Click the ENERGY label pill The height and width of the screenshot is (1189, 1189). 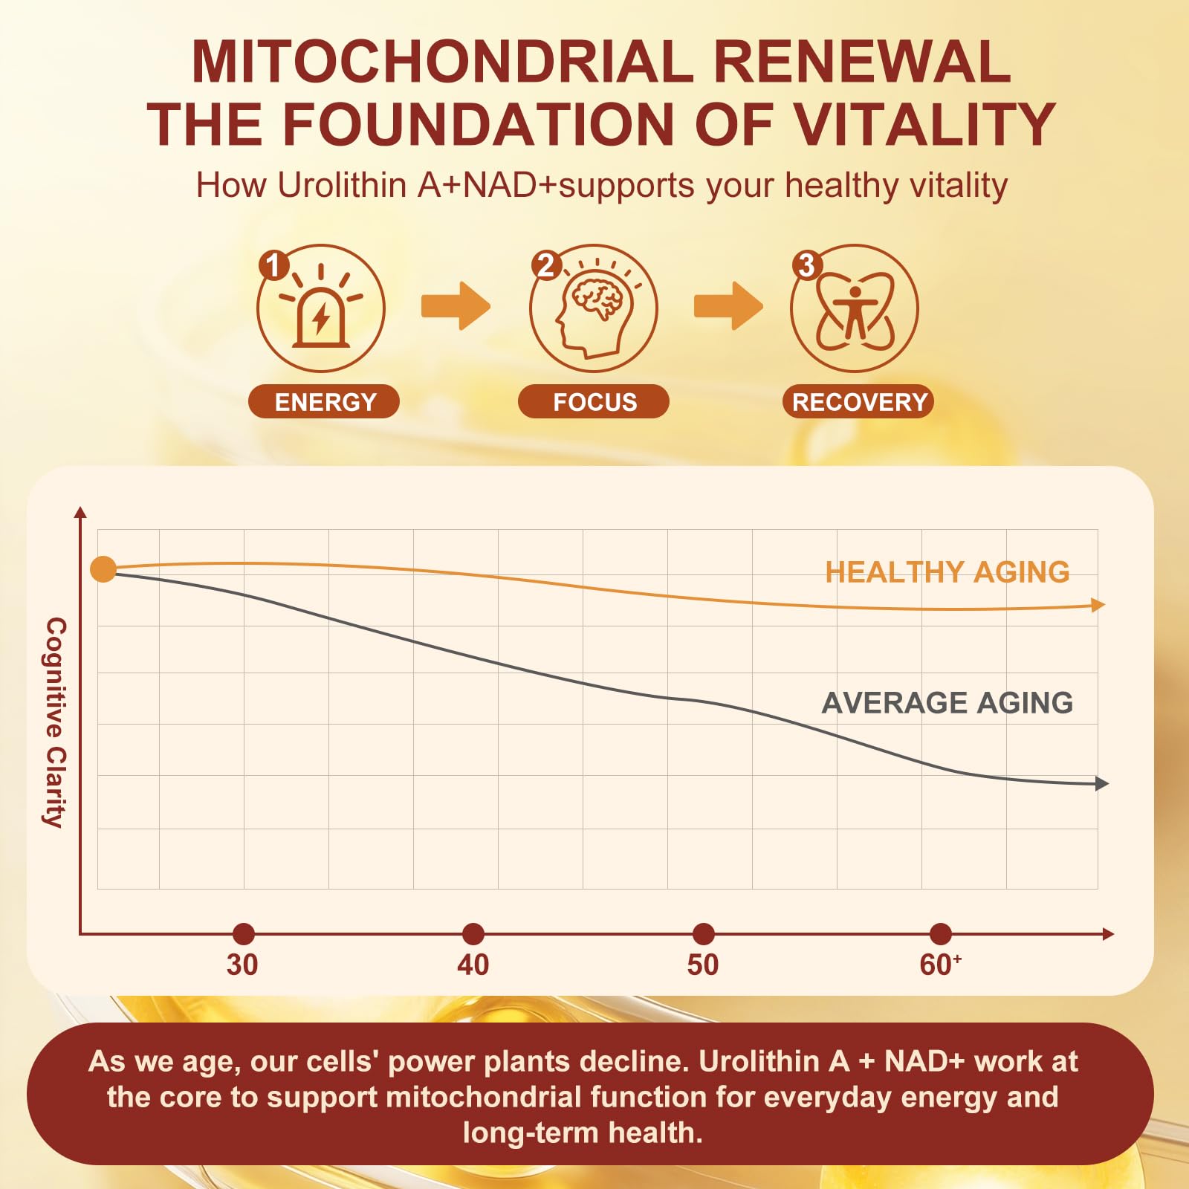[x=324, y=401]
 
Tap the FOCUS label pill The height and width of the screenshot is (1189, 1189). [x=594, y=401]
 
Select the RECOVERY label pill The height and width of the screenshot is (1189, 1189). [x=858, y=401]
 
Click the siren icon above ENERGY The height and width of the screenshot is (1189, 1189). [x=321, y=308]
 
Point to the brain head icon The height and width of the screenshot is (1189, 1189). [x=594, y=308]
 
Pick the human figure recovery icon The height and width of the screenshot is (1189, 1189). [x=855, y=308]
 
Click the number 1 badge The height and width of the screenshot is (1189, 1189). [x=273, y=265]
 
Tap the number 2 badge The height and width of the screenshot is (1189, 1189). [x=546, y=265]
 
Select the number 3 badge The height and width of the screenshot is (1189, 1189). [x=806, y=265]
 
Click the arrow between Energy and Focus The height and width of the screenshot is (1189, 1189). [x=456, y=305]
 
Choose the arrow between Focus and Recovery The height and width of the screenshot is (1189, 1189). [x=728, y=305]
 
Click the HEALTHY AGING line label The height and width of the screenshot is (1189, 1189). [x=947, y=571]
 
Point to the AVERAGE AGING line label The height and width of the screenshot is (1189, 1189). [x=947, y=702]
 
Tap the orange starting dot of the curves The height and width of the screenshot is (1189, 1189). [x=103, y=569]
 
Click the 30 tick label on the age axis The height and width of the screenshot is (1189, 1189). [x=242, y=965]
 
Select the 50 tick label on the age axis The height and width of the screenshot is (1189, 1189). [x=703, y=965]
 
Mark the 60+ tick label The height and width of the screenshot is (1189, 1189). [x=941, y=965]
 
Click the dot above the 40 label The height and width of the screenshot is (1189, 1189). [x=473, y=934]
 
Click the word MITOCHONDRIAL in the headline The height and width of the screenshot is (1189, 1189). [x=442, y=61]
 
